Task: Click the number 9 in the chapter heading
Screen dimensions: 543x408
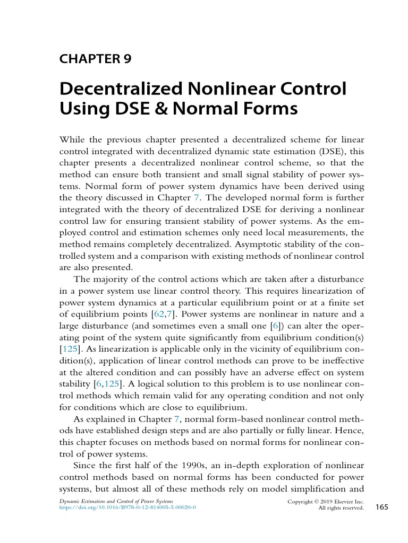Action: pos(127,59)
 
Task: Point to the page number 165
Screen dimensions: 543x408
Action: pos(382,507)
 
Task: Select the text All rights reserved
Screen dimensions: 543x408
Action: pos(341,508)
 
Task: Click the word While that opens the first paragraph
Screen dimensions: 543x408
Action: pos(72,139)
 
